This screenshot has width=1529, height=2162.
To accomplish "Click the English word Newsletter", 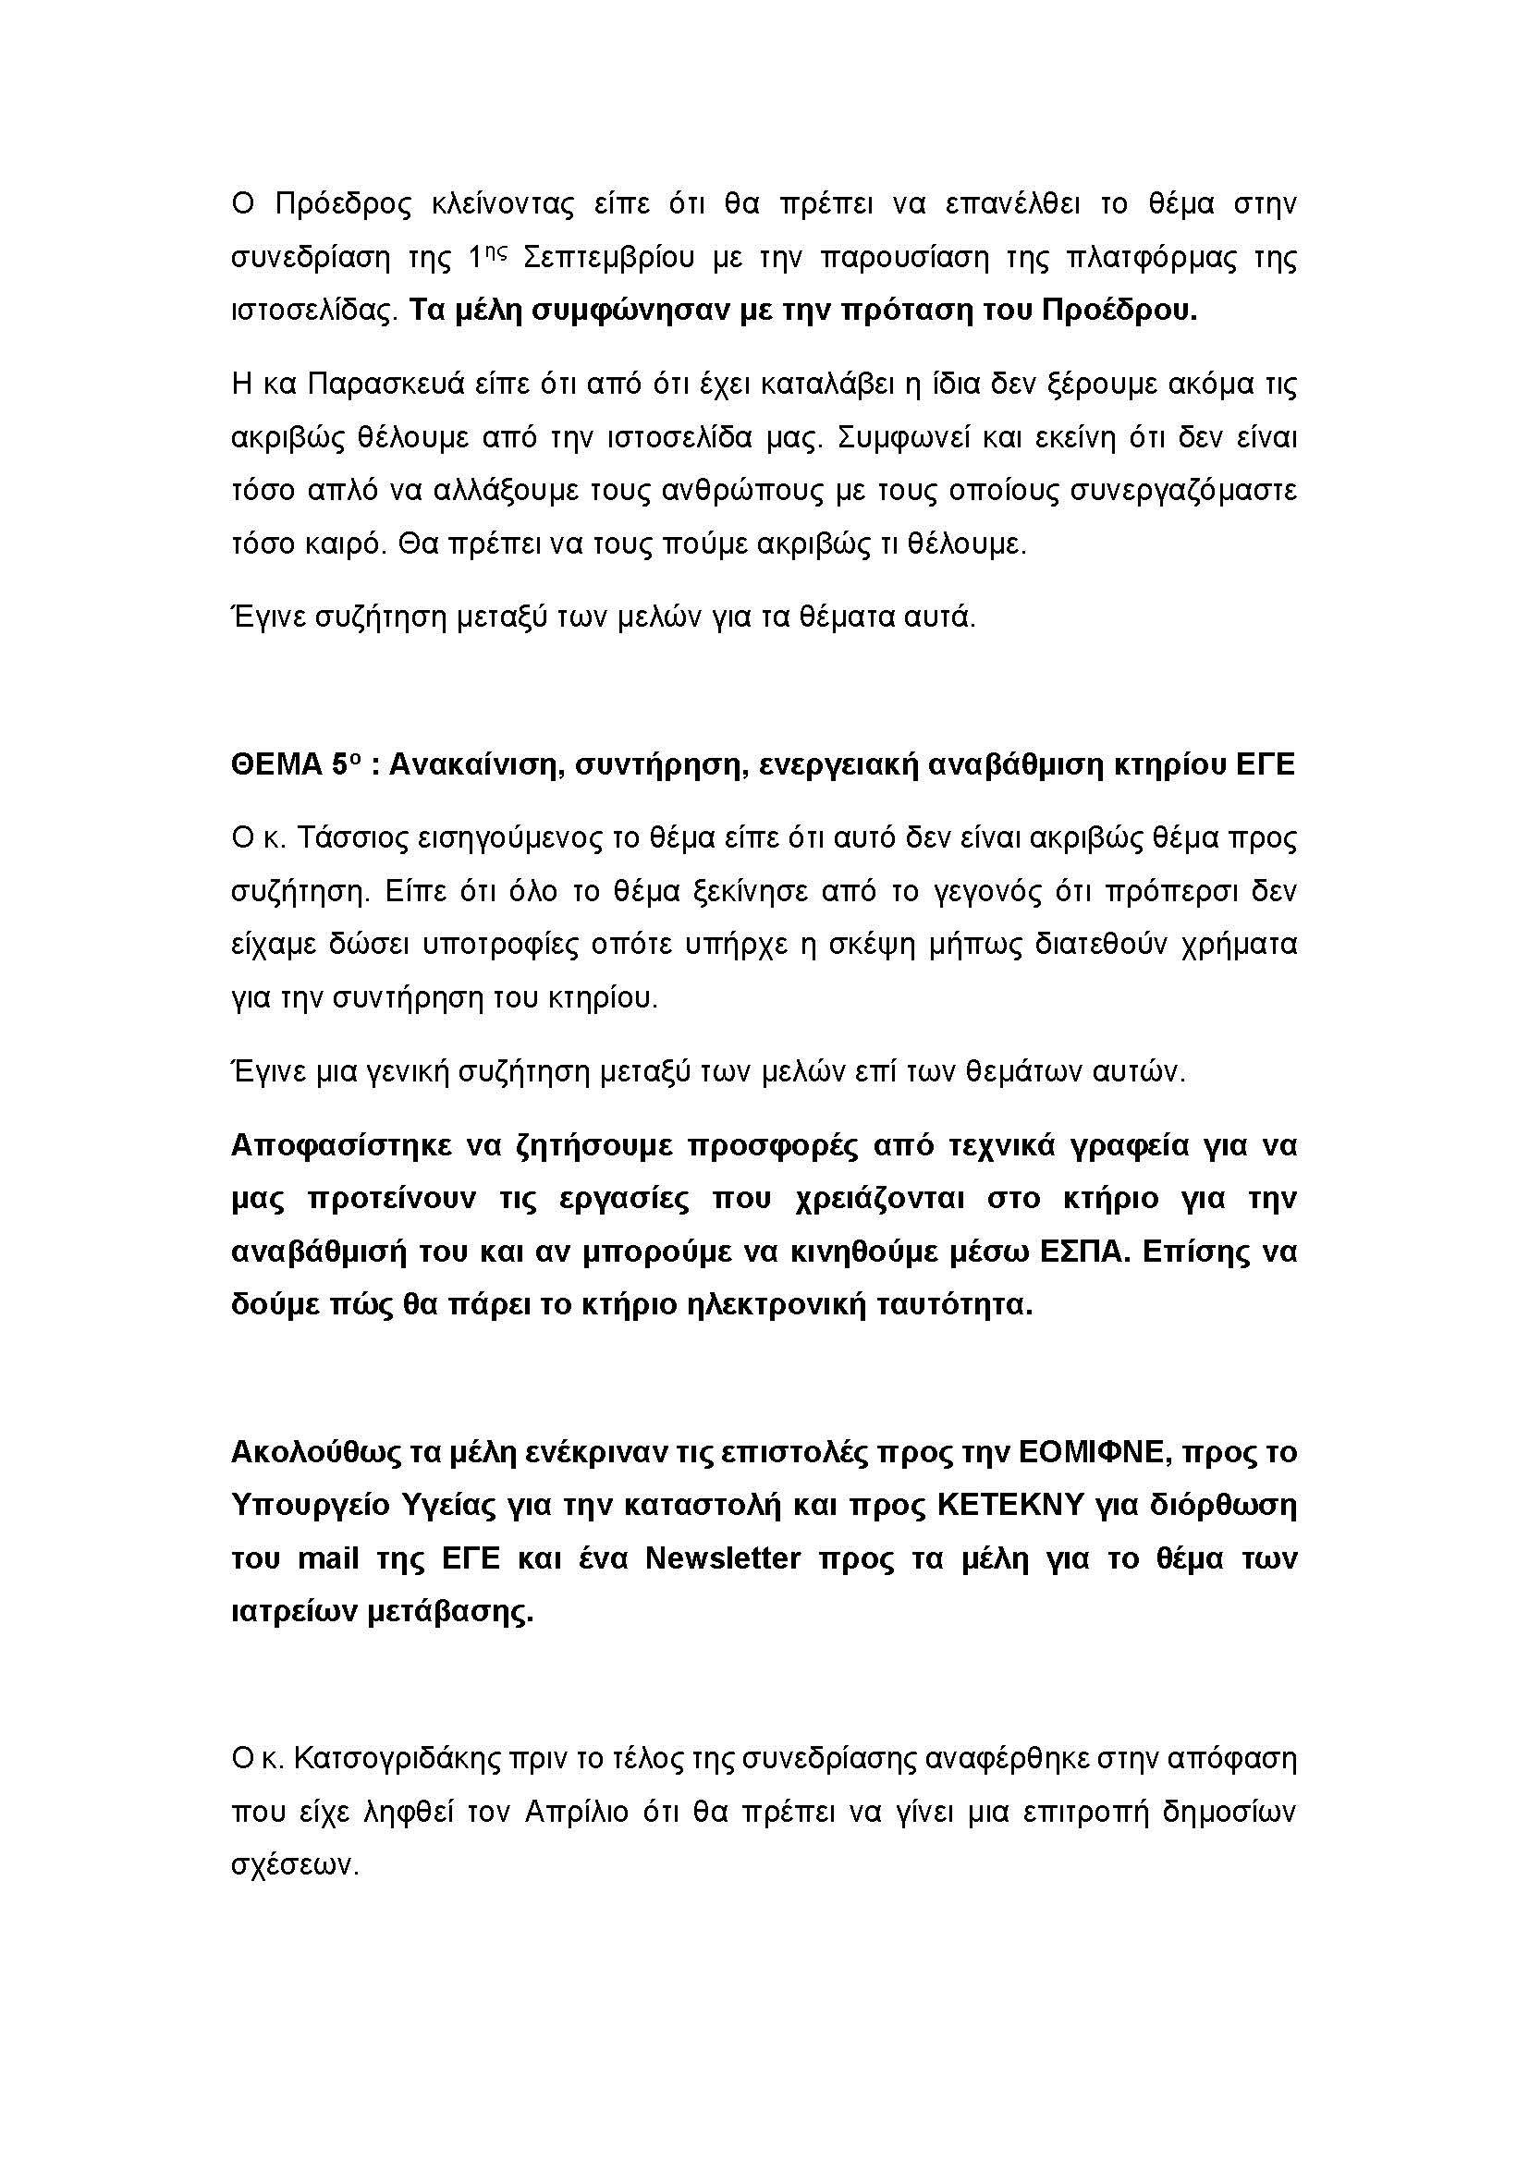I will pos(722,1558).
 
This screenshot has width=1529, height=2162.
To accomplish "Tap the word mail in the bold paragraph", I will pos(327,1558).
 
